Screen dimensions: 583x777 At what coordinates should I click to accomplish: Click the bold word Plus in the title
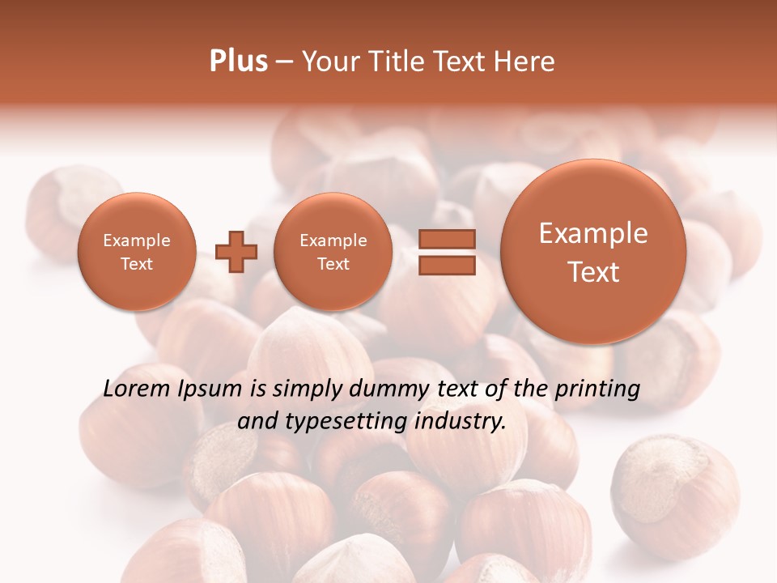238,62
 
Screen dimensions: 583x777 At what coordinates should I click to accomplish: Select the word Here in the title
526,62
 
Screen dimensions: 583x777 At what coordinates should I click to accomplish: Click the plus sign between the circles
236,252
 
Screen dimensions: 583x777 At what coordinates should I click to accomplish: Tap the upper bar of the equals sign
447,239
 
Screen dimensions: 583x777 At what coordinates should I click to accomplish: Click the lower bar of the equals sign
447,266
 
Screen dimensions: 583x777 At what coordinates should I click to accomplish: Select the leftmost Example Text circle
136,252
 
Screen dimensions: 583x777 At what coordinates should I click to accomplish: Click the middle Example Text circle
333,252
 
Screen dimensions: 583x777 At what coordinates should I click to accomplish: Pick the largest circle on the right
593,251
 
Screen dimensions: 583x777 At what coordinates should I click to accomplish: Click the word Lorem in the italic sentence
138,389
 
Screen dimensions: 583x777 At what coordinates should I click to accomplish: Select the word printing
597,389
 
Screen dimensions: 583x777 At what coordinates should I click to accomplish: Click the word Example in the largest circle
593,233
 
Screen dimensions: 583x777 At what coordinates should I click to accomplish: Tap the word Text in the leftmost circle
136,264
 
